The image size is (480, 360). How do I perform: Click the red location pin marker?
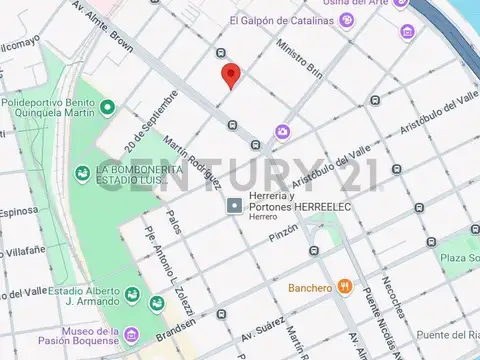tap(230, 74)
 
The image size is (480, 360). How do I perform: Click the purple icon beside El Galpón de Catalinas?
tap(346, 19)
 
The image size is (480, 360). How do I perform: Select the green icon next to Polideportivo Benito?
tap(108, 106)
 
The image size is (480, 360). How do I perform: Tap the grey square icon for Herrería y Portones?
tap(235, 206)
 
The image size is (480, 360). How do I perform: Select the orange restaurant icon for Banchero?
tap(345, 287)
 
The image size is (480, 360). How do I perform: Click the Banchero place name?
tap(309, 288)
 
